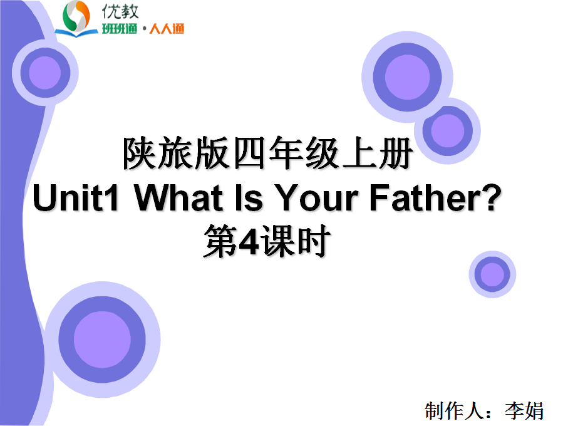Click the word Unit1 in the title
76,197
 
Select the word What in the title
178,197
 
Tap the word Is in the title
249,197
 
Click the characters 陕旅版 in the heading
176,153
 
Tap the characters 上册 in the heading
377,153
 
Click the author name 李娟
524,411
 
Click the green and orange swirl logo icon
76,19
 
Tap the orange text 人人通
167,28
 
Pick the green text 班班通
119,28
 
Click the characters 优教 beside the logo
120,12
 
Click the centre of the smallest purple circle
492,274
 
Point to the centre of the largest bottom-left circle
103,340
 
